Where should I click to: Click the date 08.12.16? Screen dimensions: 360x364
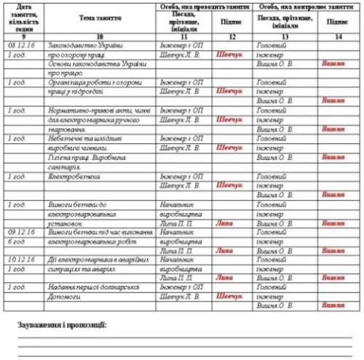point(20,45)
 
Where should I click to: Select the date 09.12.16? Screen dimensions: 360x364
point(20,231)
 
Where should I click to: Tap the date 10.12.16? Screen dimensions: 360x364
point(20,258)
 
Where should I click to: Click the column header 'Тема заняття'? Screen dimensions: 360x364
point(99,16)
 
